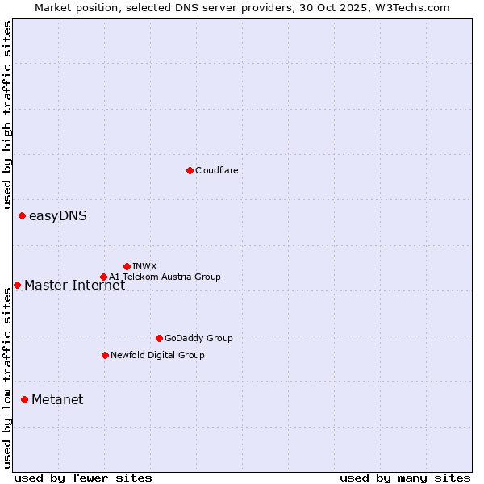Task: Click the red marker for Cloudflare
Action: pyautogui.click(x=190, y=170)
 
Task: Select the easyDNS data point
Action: pyautogui.click(x=22, y=215)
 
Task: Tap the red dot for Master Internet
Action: pyautogui.click(x=17, y=285)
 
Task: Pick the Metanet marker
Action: pyautogui.click(x=24, y=399)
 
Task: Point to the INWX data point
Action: pyautogui.click(x=127, y=266)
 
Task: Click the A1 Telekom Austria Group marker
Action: pyautogui.click(x=103, y=277)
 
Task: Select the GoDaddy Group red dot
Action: pyautogui.click(x=159, y=338)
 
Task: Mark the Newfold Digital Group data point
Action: pyautogui.click(x=105, y=355)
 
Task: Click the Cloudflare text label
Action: pyautogui.click(x=216, y=170)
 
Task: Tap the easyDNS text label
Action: pyautogui.click(x=58, y=216)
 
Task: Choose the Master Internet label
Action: pyautogui.click(x=74, y=285)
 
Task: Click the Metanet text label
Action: pyautogui.click(x=57, y=400)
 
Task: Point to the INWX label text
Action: pyautogui.click(x=144, y=266)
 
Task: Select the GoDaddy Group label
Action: pyautogui.click(x=198, y=338)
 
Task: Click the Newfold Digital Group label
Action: pyautogui.click(x=157, y=355)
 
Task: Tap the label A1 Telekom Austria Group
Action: pyautogui.click(x=165, y=277)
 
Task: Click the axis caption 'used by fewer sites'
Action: pyautogui.click(x=83, y=478)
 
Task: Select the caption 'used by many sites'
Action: pyautogui.click(x=405, y=478)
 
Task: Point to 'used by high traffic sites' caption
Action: pyautogui.click(x=7, y=115)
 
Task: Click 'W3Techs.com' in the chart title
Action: pyautogui.click(x=415, y=7)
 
